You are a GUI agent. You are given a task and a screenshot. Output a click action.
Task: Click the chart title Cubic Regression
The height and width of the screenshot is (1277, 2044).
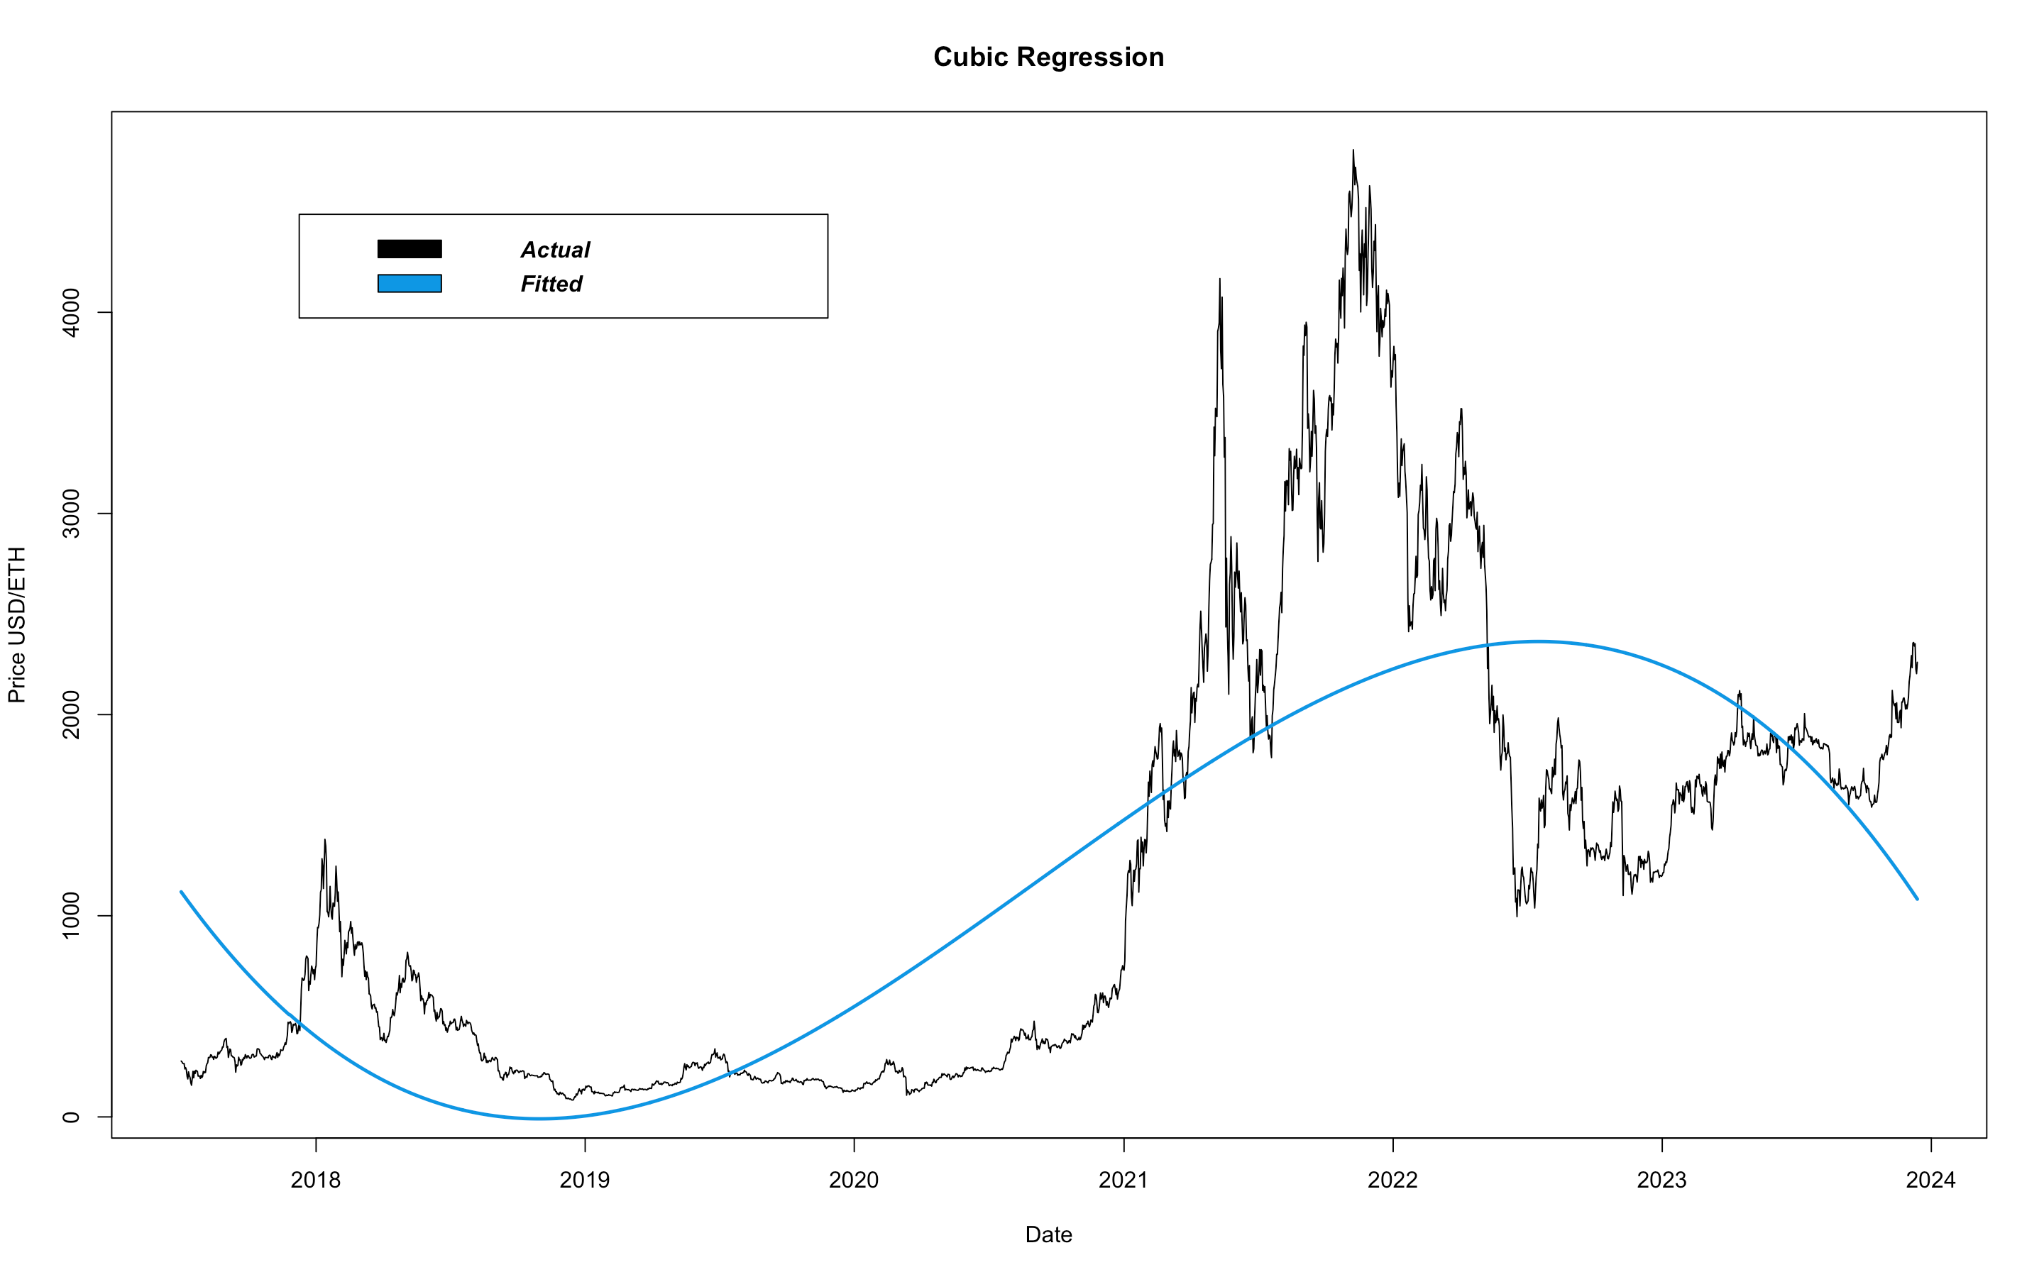[x=1048, y=57]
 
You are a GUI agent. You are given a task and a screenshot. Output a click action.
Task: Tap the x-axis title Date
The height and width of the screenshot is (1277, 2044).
[x=1048, y=1234]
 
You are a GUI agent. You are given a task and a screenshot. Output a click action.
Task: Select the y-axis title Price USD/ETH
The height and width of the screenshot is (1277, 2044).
[x=17, y=624]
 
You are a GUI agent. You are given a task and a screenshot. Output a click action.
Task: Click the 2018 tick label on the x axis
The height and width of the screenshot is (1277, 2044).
[x=315, y=1180]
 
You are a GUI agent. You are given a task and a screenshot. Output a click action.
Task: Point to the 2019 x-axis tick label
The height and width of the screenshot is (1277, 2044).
[x=585, y=1180]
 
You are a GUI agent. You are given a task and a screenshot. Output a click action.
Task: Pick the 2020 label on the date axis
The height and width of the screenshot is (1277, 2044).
[x=854, y=1180]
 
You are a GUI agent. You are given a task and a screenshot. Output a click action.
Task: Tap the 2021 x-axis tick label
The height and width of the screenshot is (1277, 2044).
[x=1123, y=1180]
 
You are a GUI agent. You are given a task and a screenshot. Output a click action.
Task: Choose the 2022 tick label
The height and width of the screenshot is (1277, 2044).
[x=1392, y=1180]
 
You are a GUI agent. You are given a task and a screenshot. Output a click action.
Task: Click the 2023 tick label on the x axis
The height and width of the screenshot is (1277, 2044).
[x=1661, y=1180]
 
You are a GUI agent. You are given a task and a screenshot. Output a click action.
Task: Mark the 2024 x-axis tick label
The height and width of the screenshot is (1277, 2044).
[x=1931, y=1180]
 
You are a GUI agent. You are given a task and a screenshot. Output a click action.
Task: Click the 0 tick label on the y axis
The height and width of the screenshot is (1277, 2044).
[x=71, y=1117]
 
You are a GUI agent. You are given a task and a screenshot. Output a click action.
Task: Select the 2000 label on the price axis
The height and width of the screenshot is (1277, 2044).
[x=71, y=714]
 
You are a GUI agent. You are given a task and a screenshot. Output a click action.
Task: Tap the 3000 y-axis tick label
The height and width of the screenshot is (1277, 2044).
[x=71, y=514]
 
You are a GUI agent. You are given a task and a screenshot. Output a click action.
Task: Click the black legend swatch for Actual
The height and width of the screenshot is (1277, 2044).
[x=410, y=248]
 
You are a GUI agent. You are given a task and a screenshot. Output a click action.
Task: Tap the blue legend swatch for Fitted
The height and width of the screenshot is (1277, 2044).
[x=410, y=283]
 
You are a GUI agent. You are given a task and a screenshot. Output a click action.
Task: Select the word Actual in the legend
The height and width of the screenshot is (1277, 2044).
[x=555, y=250]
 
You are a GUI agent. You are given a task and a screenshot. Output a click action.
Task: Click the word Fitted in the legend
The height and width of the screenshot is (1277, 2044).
[x=551, y=284]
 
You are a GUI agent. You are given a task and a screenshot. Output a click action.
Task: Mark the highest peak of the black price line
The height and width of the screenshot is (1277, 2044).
[x=1353, y=151]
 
